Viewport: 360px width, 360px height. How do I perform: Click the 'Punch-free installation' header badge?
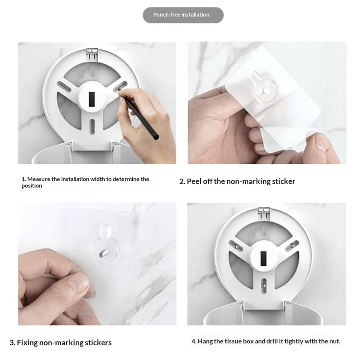pyautogui.click(x=183, y=15)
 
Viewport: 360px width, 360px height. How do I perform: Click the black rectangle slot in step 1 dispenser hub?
pyautogui.click(x=92, y=99)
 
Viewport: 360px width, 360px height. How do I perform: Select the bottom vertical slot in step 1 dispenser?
pyautogui.click(x=92, y=126)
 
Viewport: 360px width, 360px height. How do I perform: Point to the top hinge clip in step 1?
pyautogui.click(x=92, y=54)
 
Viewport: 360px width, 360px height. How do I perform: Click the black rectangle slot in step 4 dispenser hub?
pyautogui.click(x=264, y=258)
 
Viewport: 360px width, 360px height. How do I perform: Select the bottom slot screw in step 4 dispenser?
pyautogui.click(x=264, y=285)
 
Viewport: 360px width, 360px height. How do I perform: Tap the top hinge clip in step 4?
pyautogui.click(x=264, y=213)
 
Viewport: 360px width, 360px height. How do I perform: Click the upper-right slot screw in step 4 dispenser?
pyautogui.click(x=292, y=246)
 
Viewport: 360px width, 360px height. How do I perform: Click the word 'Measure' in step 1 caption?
pyautogui.click(x=38, y=179)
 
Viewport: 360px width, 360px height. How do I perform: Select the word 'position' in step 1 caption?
pyautogui.click(x=32, y=186)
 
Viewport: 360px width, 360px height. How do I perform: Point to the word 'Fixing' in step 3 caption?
pyautogui.click(x=27, y=342)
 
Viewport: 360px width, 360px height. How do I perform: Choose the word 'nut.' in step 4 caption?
pyautogui.click(x=335, y=342)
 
